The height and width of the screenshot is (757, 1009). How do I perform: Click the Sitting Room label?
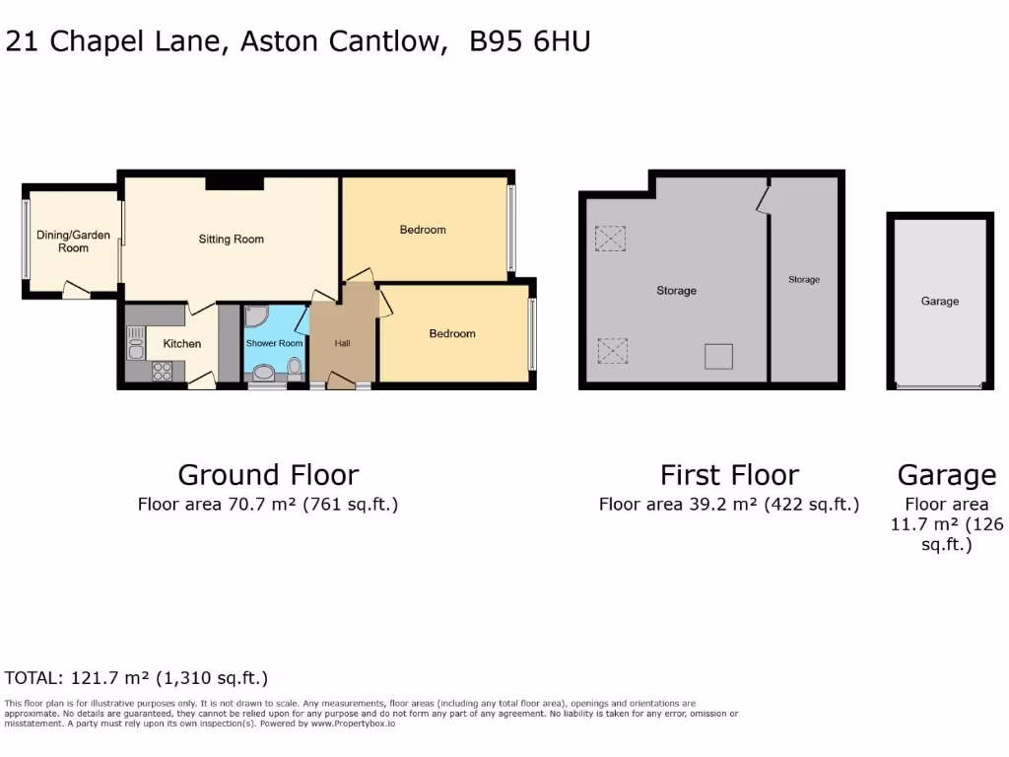click(x=232, y=239)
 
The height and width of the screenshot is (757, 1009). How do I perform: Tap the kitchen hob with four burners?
click(x=161, y=372)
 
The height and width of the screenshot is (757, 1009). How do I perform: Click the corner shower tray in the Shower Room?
click(x=257, y=318)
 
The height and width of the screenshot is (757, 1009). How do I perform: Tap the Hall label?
click(x=342, y=343)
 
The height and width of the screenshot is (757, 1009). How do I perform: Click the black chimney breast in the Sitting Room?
click(x=235, y=182)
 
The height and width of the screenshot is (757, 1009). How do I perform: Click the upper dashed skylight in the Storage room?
click(x=611, y=238)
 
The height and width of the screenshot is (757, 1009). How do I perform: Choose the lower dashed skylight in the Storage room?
click(x=611, y=350)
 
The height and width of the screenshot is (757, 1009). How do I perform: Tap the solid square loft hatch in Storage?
click(x=718, y=356)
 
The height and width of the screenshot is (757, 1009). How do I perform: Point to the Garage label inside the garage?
click(x=939, y=302)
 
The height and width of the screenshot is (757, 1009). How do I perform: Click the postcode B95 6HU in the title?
click(x=530, y=41)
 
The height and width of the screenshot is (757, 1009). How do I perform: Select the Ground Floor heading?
click(x=268, y=475)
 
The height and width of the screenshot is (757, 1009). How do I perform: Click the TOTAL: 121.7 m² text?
click(x=136, y=678)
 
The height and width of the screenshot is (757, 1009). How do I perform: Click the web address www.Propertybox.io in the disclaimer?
click(x=354, y=723)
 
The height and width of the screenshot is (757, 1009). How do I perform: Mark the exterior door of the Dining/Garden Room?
click(x=75, y=290)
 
